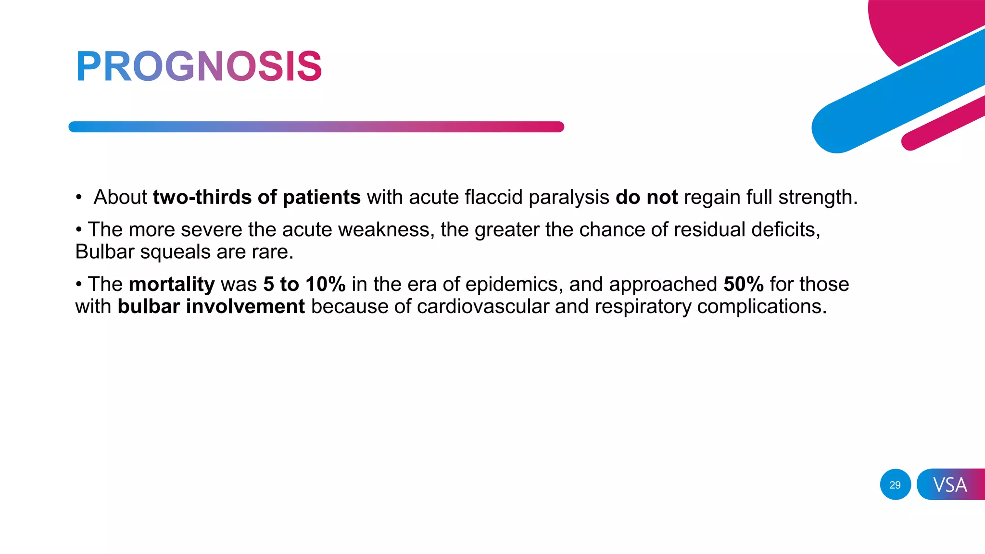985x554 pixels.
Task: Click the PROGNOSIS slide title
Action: pyautogui.click(x=199, y=66)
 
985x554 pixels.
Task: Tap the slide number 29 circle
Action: pyautogui.click(x=895, y=485)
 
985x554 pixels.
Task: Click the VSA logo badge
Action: pyautogui.click(x=950, y=485)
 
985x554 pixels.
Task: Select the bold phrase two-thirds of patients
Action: pyautogui.click(x=257, y=197)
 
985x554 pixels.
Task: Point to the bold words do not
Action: pyautogui.click(x=646, y=197)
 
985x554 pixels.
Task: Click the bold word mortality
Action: pyautogui.click(x=172, y=284)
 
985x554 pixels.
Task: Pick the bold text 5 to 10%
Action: pyautogui.click(x=304, y=284)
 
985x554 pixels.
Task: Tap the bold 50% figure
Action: pyautogui.click(x=744, y=284)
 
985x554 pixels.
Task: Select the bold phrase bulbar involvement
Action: pyautogui.click(x=211, y=307)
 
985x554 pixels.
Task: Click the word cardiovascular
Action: pyautogui.click(x=483, y=307)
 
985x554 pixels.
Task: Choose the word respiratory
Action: pyautogui.click(x=643, y=307)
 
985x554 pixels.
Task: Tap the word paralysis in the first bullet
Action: pyautogui.click(x=569, y=198)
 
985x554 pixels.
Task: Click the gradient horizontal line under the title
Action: pyautogui.click(x=316, y=127)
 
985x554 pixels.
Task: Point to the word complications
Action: pyautogui.click(x=762, y=307)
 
